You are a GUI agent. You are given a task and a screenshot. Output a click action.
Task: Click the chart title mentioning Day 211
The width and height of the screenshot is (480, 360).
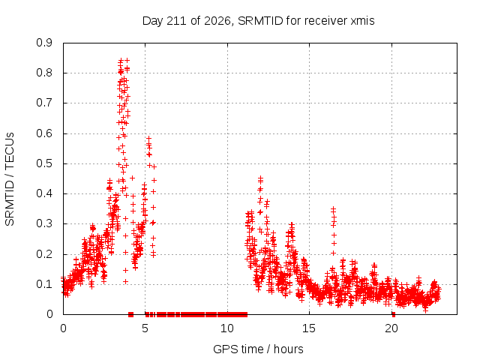(x=258, y=21)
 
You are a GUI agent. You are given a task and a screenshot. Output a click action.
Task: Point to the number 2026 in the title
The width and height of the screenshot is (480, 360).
(x=217, y=21)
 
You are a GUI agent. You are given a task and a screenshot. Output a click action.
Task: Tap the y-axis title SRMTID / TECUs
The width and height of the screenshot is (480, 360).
(x=10, y=179)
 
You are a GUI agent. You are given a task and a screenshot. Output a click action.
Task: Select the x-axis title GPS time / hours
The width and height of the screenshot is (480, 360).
(x=258, y=349)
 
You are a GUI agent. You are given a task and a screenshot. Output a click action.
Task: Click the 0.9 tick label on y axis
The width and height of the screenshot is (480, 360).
(x=44, y=43)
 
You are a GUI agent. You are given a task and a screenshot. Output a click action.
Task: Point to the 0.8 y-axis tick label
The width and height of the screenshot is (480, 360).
(x=44, y=73)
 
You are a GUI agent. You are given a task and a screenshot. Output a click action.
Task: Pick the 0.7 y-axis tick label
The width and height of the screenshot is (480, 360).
(x=44, y=103)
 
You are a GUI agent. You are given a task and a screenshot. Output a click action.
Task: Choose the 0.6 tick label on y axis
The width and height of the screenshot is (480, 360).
(x=44, y=133)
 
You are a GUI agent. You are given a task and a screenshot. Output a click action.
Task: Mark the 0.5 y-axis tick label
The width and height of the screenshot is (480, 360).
(x=44, y=163)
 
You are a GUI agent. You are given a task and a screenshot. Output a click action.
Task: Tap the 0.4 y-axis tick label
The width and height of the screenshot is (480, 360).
(x=44, y=193)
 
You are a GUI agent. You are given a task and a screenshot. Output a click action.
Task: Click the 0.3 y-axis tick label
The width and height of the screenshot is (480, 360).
(x=44, y=223)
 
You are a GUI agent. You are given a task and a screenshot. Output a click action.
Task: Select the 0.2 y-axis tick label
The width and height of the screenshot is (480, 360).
(x=44, y=254)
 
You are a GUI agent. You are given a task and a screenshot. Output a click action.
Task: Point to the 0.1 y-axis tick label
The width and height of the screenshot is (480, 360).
(x=44, y=284)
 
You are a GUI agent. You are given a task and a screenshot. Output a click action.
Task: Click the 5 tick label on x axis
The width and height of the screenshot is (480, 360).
(x=145, y=328)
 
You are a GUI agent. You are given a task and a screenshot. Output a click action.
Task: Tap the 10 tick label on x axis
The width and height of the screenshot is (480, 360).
(x=227, y=328)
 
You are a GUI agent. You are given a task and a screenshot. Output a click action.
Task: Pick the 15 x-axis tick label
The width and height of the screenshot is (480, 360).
(x=309, y=328)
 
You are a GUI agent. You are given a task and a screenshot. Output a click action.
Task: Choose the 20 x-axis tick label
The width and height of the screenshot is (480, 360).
(x=391, y=328)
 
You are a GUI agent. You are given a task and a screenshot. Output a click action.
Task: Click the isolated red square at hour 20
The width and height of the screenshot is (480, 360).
(x=393, y=314)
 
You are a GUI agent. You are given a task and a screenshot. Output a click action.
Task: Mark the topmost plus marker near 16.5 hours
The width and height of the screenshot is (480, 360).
(x=333, y=209)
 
